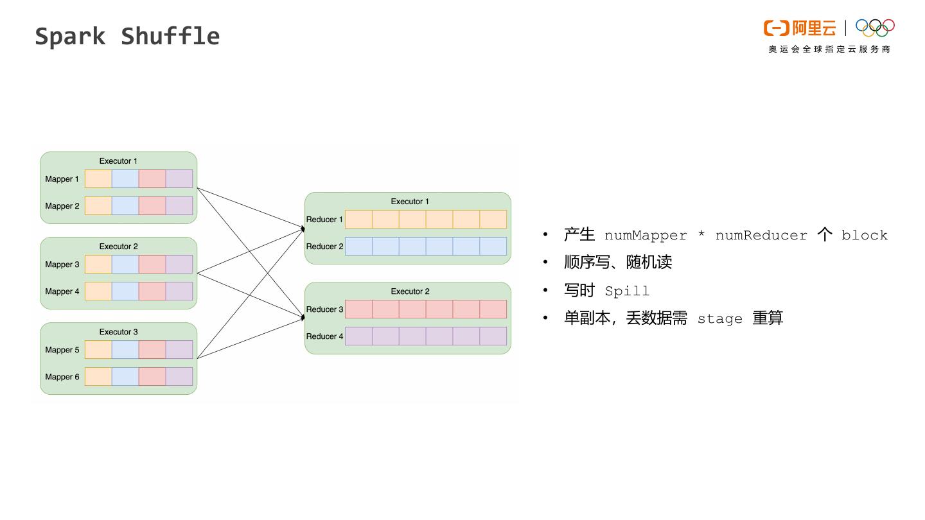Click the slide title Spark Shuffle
pyautogui.click(x=127, y=36)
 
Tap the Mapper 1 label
pyautogui.click(x=62, y=179)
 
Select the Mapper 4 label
pyautogui.click(x=62, y=291)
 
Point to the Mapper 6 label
pyautogui.click(x=62, y=377)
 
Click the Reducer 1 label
pyautogui.click(x=324, y=220)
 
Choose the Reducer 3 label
pyautogui.click(x=324, y=309)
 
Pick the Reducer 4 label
pyautogui.click(x=324, y=336)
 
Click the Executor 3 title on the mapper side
pyautogui.click(x=118, y=332)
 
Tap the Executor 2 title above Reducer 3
pyautogui.click(x=410, y=291)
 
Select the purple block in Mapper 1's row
pyautogui.click(x=179, y=178)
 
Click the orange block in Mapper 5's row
pyautogui.click(x=98, y=349)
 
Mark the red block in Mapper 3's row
pyautogui.click(x=152, y=264)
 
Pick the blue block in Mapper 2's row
pyautogui.click(x=125, y=205)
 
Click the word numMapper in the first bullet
pyautogui.click(x=645, y=236)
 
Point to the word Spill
pyautogui.click(x=627, y=291)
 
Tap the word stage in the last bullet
pyautogui.click(x=719, y=319)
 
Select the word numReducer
pyautogui.click(x=761, y=236)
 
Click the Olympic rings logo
pyautogui.click(x=875, y=28)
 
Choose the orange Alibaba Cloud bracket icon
pyautogui.click(x=776, y=28)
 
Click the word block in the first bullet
pyautogui.click(x=864, y=236)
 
